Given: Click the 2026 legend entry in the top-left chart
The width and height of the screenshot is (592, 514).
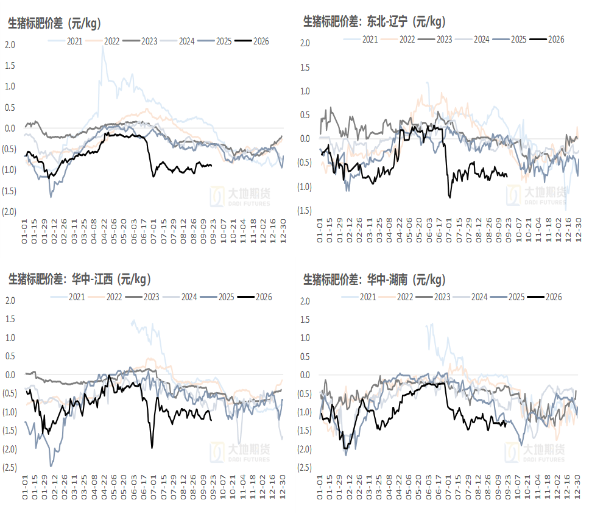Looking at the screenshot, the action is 252,41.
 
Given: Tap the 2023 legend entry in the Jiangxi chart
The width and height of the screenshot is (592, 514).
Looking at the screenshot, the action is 143,297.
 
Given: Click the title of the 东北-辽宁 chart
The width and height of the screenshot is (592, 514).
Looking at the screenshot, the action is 375,21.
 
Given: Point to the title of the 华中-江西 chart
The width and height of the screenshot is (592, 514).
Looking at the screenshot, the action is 80,280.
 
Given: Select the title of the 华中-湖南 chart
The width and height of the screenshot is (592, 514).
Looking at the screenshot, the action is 375,280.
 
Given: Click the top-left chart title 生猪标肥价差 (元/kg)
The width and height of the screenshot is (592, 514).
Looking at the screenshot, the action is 54,23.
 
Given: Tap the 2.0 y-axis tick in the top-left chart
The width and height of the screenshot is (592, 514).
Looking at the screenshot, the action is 10,45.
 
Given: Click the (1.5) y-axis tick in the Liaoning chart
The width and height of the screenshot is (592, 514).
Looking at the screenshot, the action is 305,211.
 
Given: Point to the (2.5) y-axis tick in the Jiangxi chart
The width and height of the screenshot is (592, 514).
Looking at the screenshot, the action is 10,468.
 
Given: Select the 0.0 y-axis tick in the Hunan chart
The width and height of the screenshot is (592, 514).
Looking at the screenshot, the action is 305,375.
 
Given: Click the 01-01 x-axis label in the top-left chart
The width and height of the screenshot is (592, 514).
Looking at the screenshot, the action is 25,231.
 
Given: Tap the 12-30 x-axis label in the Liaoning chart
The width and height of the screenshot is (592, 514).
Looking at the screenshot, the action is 578,230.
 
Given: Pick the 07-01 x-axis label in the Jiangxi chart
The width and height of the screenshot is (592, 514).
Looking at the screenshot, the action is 154,487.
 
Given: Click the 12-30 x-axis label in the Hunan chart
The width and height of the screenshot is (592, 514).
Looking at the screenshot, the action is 577,487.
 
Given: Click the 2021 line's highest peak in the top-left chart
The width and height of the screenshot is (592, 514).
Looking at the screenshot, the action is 103,47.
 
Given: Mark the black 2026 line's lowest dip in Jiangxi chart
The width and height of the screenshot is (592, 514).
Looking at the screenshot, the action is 152,448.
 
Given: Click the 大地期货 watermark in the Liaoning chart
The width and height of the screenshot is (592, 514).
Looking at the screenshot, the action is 536,195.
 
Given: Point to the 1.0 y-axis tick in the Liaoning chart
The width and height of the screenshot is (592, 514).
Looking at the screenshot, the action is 305,91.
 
